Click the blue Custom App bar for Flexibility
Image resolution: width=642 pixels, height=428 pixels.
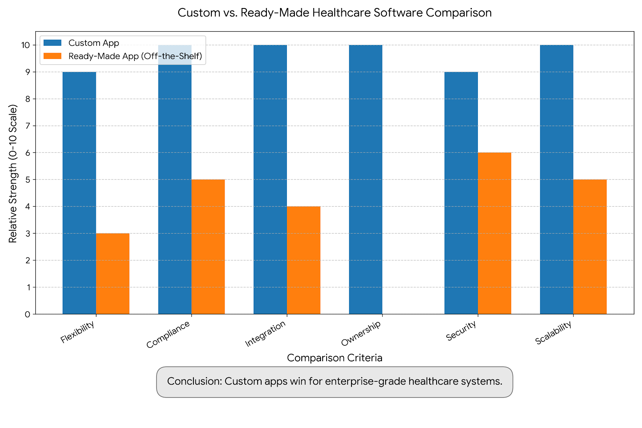click(79, 193)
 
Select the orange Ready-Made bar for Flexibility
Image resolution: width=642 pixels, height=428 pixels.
click(112, 274)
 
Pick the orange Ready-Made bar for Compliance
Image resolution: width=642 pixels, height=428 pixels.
click(208, 247)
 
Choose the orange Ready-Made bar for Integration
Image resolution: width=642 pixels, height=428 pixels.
click(303, 260)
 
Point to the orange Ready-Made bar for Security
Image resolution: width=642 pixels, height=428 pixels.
click(494, 233)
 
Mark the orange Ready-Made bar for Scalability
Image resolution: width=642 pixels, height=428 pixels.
click(590, 247)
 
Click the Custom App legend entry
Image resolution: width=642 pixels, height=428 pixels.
click(93, 43)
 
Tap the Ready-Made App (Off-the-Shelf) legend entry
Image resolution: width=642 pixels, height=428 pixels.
click(135, 56)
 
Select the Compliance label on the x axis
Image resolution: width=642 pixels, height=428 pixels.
click(168, 335)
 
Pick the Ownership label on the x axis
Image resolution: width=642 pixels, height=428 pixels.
click(361, 334)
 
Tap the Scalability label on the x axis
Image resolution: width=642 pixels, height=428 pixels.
click(553, 333)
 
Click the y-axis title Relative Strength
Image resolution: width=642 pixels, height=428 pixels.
click(13, 173)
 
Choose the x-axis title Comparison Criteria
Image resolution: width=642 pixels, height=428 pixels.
click(335, 358)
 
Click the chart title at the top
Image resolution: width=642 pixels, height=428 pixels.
click(335, 13)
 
